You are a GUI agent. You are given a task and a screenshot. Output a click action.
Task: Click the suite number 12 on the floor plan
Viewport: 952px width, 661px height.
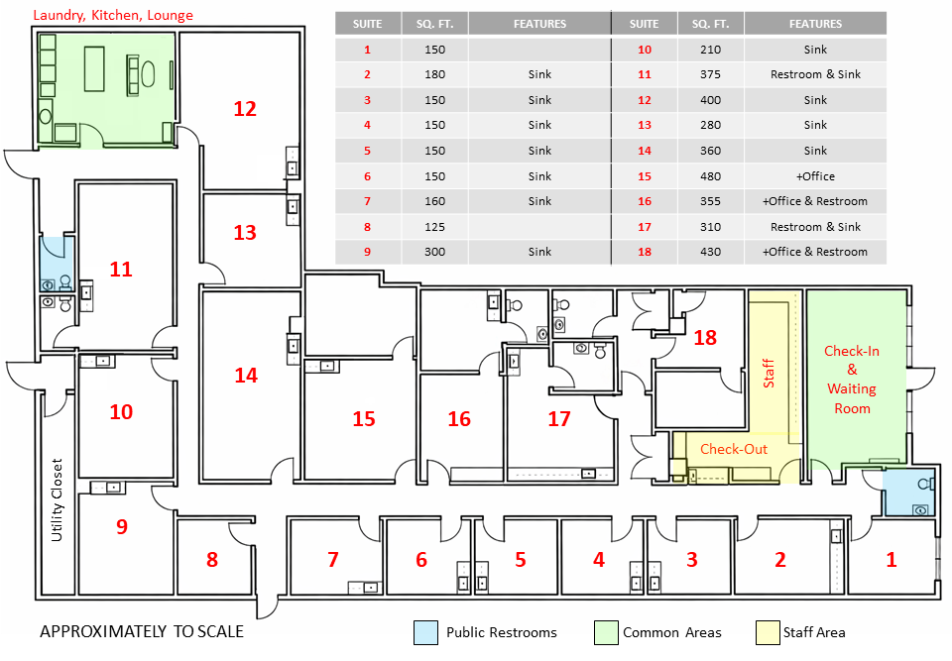[245, 109]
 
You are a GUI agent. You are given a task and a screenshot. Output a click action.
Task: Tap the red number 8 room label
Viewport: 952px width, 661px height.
[212, 560]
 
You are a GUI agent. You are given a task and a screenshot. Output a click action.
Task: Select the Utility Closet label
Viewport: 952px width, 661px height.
[58, 499]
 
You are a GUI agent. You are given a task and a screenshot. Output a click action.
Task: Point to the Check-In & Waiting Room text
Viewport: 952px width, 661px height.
[852, 380]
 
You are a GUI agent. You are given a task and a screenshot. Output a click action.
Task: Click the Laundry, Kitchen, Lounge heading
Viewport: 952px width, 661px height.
[113, 16]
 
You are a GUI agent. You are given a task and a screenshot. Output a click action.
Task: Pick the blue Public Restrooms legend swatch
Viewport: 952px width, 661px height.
[425, 632]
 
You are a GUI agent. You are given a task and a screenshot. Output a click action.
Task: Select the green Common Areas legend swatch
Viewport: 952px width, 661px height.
[605, 632]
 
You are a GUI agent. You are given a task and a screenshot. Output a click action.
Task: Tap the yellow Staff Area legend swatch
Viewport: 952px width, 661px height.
[767, 632]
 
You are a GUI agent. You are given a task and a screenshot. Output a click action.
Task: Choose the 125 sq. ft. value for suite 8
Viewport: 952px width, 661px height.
[435, 227]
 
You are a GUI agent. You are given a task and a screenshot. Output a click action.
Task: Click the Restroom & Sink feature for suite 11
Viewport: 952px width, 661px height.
[815, 75]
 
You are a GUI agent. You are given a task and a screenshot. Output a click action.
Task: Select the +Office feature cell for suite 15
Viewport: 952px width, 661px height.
[815, 176]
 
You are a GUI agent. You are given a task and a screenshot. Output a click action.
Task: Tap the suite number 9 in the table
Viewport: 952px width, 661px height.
[368, 252]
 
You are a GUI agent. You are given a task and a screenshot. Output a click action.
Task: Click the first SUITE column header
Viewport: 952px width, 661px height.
[368, 24]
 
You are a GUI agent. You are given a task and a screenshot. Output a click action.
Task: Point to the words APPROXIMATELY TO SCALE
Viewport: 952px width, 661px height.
[142, 631]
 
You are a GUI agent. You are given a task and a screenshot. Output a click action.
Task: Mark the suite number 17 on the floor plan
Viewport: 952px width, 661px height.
[559, 419]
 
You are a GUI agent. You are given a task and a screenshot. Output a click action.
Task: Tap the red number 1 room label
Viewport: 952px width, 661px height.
[891, 560]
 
